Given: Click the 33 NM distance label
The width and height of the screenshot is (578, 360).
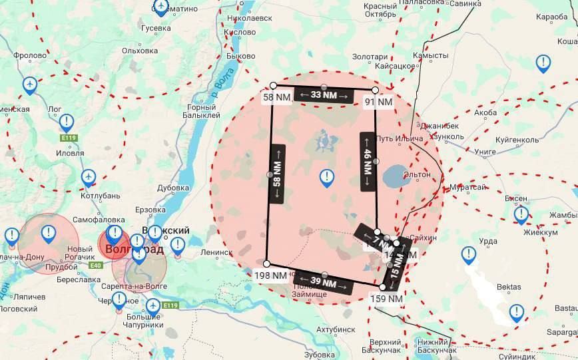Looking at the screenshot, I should tap(324, 95).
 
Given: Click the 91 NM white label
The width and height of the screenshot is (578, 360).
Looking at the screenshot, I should tap(378, 102).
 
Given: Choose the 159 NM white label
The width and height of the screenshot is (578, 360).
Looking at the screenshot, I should tap(386, 299).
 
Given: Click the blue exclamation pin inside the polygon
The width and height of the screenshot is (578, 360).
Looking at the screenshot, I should tap(326, 177).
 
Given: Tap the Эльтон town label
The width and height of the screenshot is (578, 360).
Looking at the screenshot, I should tap(417, 174).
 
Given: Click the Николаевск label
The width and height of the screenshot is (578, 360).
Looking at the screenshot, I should tap(249, 19).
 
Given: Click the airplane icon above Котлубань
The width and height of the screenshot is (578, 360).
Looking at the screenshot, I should tap(88, 177).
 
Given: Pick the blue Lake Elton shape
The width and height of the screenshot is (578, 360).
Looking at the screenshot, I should tap(397, 177).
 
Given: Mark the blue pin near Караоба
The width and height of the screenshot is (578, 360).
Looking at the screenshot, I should tap(543, 64).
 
